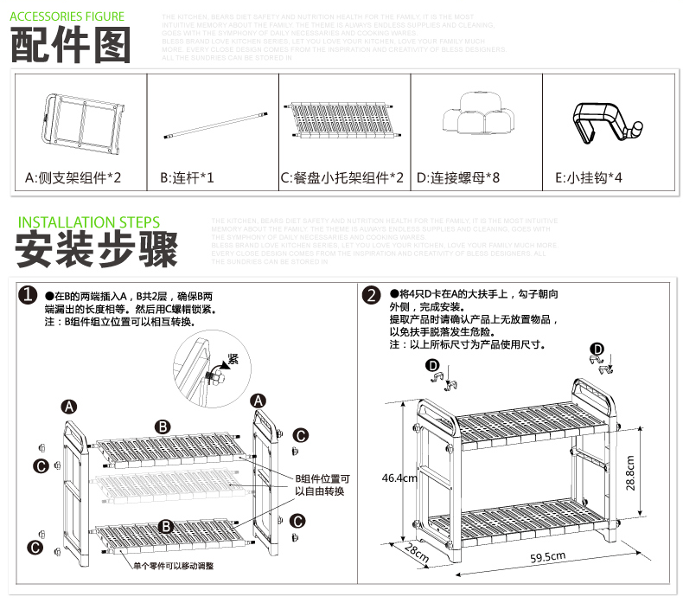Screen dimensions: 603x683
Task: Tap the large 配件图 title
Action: tap(71, 45)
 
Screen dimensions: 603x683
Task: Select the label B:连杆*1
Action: tap(188, 178)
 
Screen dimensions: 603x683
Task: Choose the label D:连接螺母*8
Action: tap(458, 178)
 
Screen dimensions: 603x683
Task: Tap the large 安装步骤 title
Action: tap(96, 250)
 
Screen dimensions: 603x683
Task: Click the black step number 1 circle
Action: tap(29, 296)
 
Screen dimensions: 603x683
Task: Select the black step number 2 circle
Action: tap(373, 296)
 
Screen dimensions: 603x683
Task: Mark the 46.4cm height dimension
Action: tap(399, 478)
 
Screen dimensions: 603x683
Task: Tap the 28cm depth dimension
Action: tap(417, 553)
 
